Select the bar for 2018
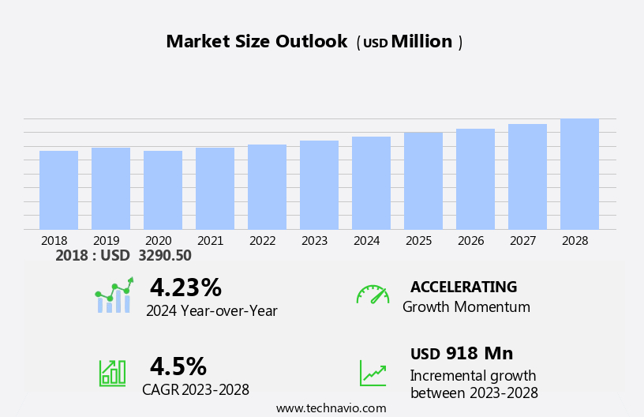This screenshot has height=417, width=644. (x=58, y=190)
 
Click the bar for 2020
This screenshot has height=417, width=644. (x=163, y=190)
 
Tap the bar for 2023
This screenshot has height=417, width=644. (x=319, y=186)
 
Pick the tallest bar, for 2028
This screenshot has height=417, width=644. (x=579, y=175)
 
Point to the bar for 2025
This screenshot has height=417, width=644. (x=423, y=181)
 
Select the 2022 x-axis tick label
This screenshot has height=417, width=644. (x=262, y=241)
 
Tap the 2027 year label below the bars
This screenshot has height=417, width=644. (x=522, y=241)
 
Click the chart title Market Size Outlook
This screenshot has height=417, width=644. (x=256, y=42)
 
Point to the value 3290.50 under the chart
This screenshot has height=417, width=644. (x=164, y=256)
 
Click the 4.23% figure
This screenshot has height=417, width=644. (x=185, y=287)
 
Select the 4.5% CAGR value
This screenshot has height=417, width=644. (x=178, y=366)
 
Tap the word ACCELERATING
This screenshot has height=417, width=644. (x=463, y=287)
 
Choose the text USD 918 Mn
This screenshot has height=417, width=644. (x=462, y=354)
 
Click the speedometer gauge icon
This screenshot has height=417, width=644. (x=373, y=295)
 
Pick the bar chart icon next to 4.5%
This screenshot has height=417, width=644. (x=112, y=372)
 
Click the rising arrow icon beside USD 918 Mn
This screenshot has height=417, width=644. (x=373, y=373)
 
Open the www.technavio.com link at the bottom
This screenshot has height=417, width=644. (x=331, y=408)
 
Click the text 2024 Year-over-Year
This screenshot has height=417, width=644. (x=212, y=311)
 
